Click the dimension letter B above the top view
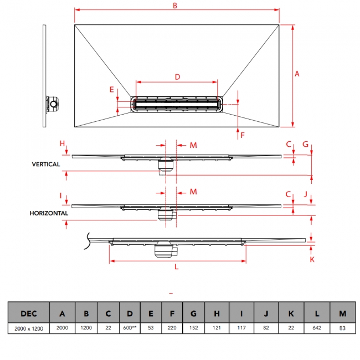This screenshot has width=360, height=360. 174,6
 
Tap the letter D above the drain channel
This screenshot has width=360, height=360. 177,77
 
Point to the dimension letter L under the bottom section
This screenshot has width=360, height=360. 176,267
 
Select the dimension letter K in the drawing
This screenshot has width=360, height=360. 312,259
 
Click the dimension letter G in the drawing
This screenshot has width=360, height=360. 305,144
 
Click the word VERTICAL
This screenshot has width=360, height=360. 46,164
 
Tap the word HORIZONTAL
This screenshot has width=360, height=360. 50,213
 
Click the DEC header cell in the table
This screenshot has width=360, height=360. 29,313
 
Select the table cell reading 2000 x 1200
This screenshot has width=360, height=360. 29,329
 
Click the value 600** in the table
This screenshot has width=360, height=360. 130,329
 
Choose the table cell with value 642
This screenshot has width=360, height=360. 317,329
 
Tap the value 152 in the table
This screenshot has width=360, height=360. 194,329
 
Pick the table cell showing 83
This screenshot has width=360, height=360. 342,329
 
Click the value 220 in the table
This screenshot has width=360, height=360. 172,329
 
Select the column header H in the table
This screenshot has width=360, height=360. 217,313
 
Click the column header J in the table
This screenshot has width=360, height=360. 266,313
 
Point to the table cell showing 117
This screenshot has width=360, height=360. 241,329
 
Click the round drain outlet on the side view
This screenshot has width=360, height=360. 54,104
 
